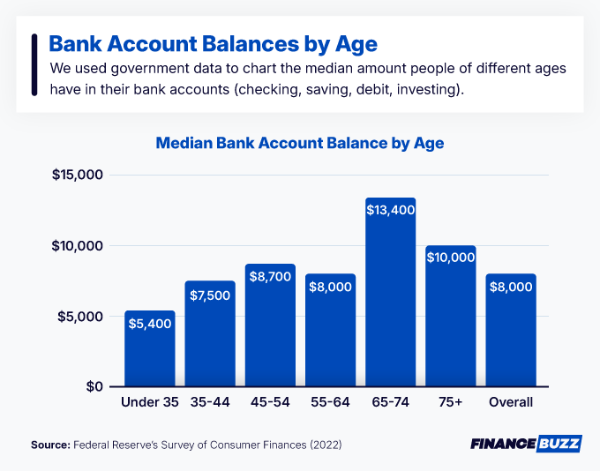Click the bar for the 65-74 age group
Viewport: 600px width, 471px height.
coord(390,300)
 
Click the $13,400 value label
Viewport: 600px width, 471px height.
coord(390,210)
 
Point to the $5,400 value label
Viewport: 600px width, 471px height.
coord(149,324)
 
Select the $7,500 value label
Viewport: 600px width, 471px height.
coord(209,295)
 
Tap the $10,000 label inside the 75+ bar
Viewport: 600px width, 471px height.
coord(451,258)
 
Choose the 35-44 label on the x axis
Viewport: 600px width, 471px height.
coord(209,402)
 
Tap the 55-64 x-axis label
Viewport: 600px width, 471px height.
coord(330,402)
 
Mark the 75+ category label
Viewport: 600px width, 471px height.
coord(450,402)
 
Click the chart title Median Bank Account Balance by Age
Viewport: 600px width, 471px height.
coord(300,142)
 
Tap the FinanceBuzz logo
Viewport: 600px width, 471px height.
coord(526,444)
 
